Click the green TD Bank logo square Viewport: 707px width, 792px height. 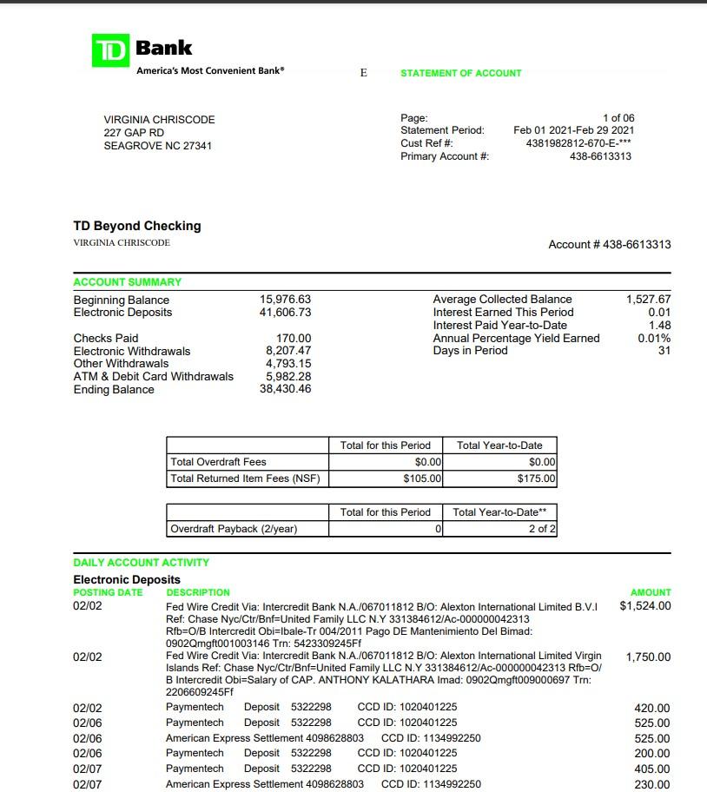110,50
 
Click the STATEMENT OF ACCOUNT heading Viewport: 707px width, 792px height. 460,74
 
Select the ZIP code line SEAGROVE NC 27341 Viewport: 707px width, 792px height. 157,146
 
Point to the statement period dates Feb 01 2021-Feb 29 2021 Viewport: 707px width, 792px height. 573,130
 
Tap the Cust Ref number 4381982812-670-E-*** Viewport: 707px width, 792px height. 578,143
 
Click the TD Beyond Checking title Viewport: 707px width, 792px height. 136,226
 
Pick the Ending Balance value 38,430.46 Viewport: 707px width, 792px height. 285,390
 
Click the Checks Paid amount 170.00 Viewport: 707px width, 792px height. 294,338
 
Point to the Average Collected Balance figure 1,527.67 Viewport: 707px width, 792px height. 648,300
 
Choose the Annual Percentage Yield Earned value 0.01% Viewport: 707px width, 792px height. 654,338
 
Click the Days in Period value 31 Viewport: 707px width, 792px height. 664,351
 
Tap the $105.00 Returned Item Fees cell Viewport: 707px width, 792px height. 423,478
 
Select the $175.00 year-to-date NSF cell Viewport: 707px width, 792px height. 537,478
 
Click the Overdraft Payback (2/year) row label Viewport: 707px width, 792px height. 234,529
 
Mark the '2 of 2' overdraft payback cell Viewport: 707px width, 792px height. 543,529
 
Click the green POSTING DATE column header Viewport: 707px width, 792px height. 108,592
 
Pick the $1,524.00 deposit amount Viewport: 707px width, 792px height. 645,606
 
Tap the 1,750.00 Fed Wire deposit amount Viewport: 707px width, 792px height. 648,657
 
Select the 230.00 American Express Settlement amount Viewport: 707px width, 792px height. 652,785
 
